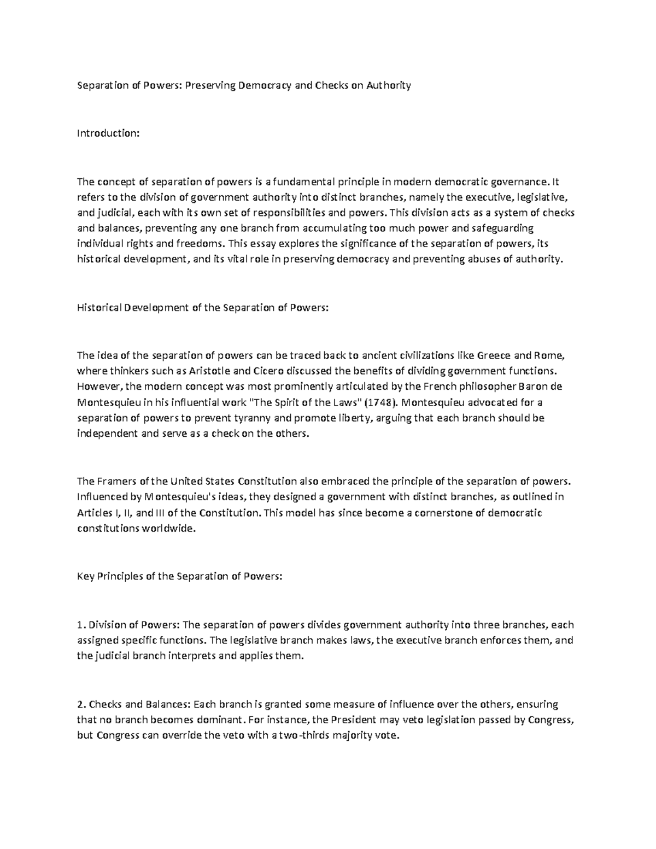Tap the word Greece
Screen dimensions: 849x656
(x=496, y=355)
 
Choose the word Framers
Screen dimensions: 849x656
(x=116, y=482)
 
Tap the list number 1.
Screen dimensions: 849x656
(x=80, y=625)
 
